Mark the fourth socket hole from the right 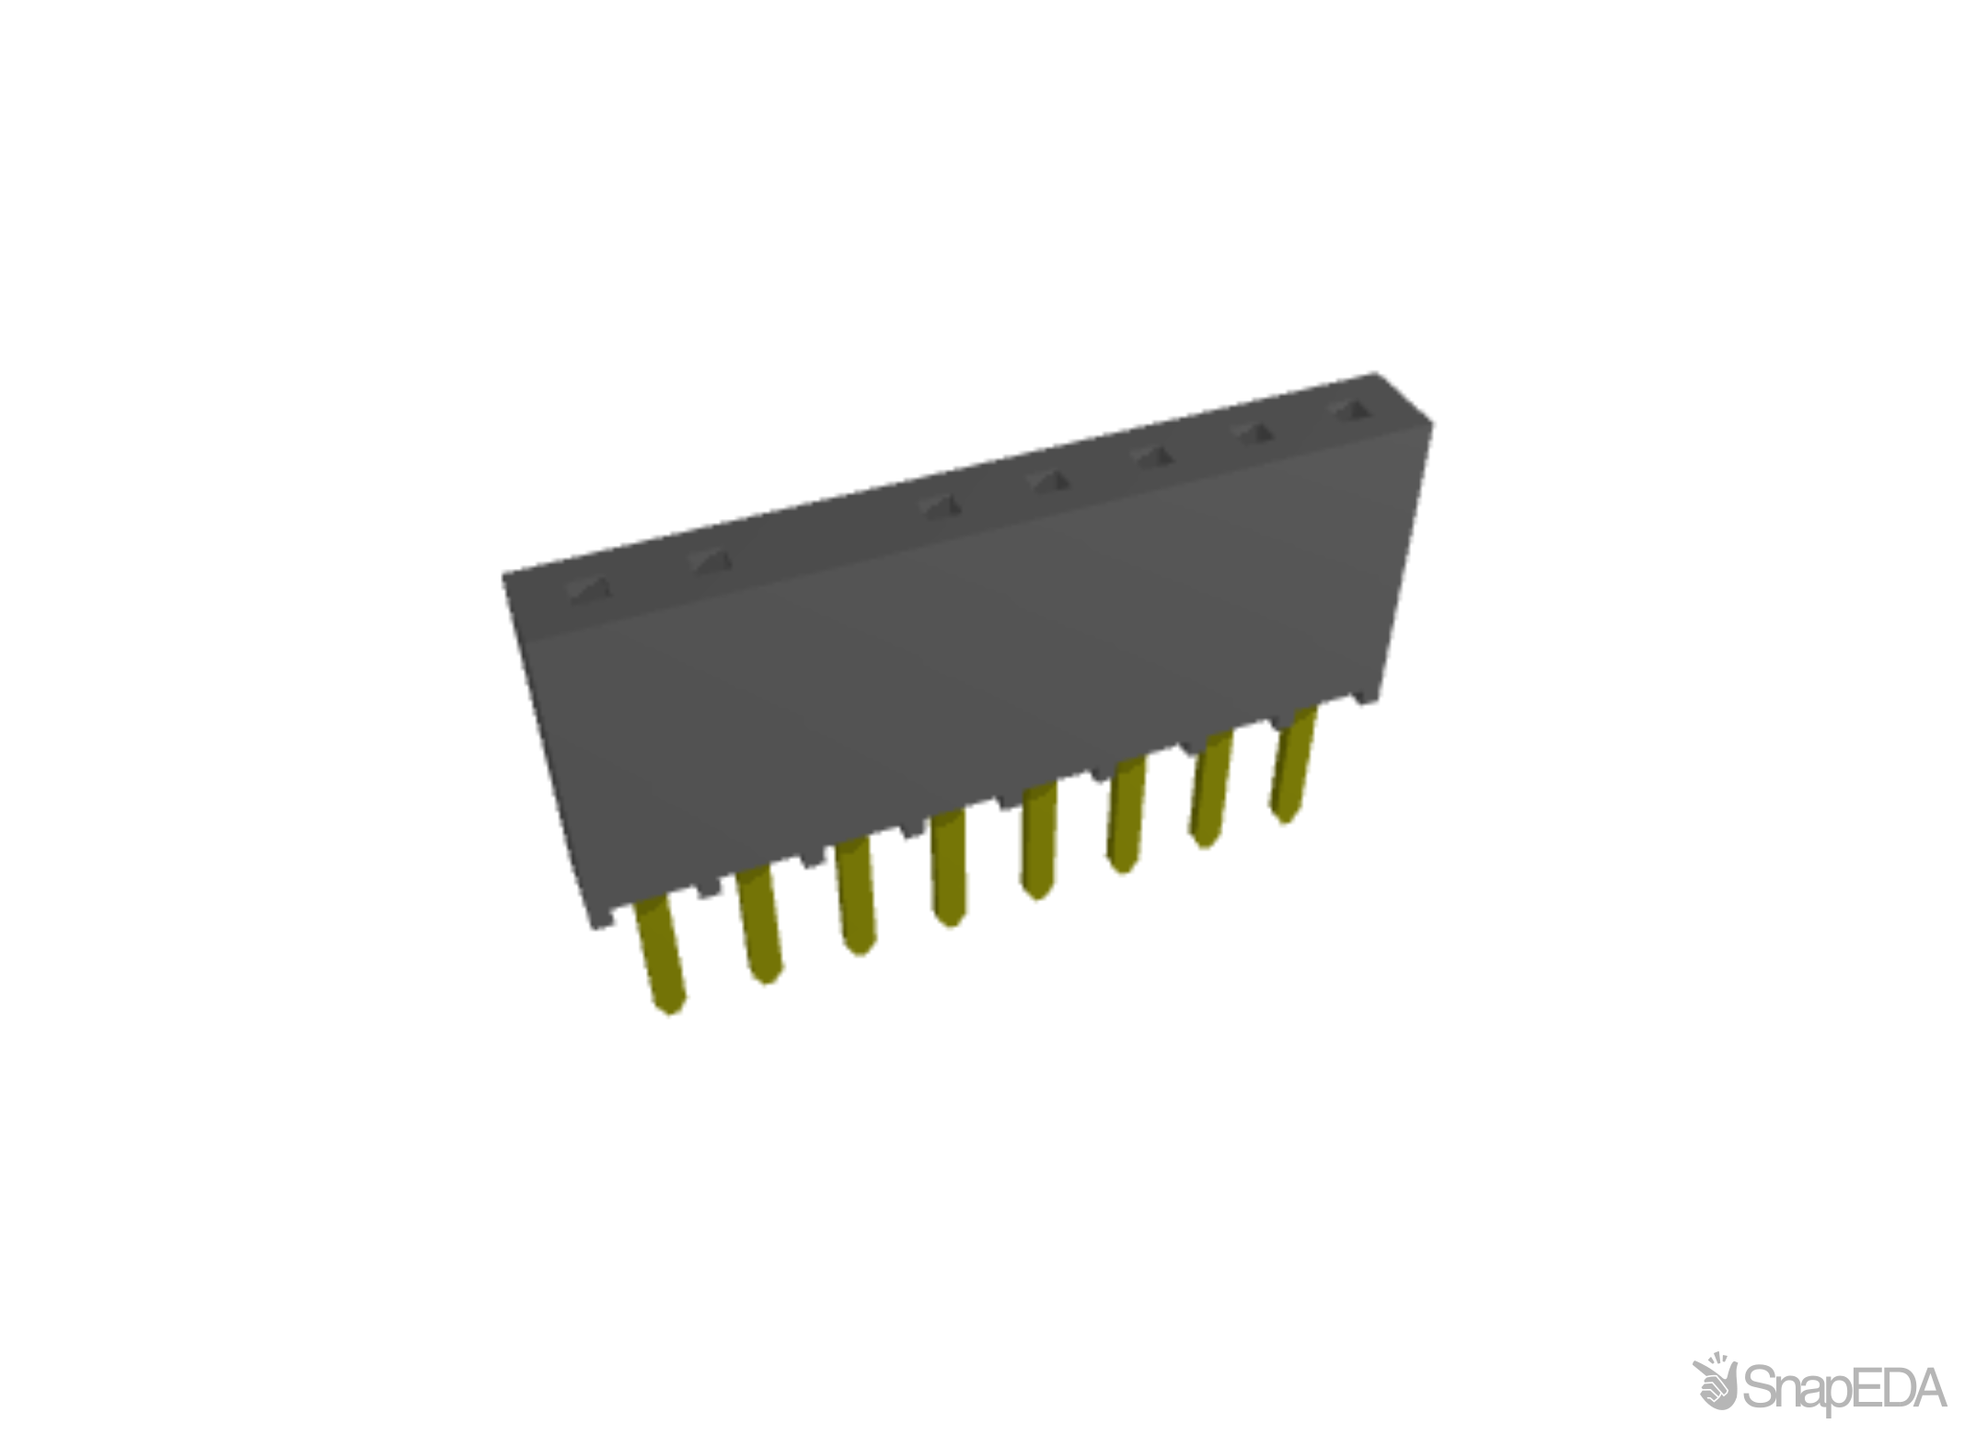[1047, 480]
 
